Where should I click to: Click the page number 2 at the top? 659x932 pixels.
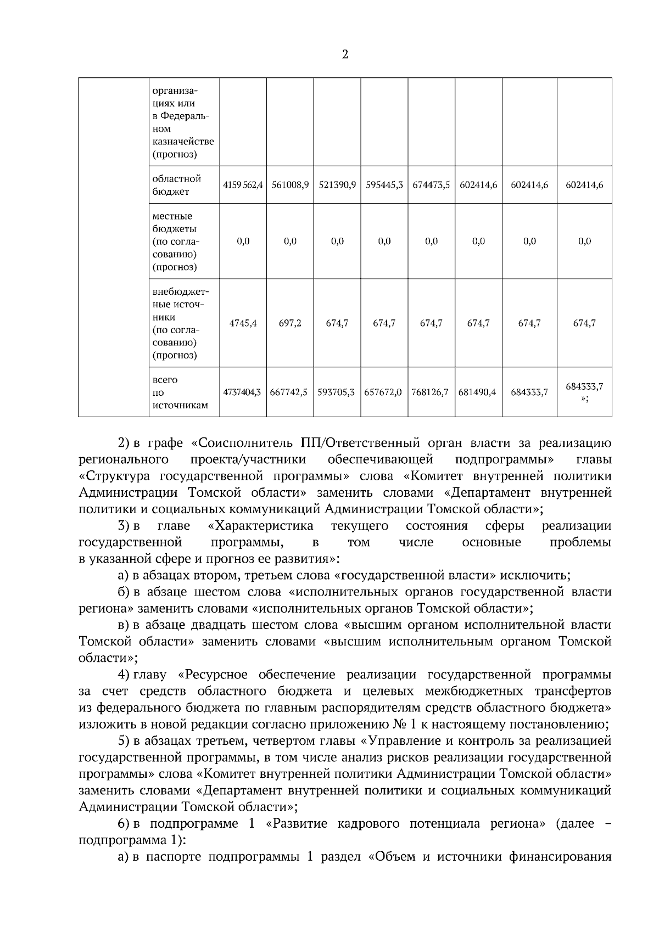(345, 54)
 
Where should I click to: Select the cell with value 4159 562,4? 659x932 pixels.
(243, 186)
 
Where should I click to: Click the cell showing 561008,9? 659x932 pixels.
(290, 186)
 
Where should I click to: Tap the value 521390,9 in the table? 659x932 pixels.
(337, 186)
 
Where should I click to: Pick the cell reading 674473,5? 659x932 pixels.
(432, 186)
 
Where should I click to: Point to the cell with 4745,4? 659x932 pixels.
(243, 323)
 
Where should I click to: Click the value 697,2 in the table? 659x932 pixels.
(290, 323)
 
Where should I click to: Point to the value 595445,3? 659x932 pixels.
(384, 186)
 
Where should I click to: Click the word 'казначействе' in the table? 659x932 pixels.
(183, 142)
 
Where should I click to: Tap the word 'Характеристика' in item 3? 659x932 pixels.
(261, 526)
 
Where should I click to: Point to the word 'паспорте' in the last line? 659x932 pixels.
(177, 857)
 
